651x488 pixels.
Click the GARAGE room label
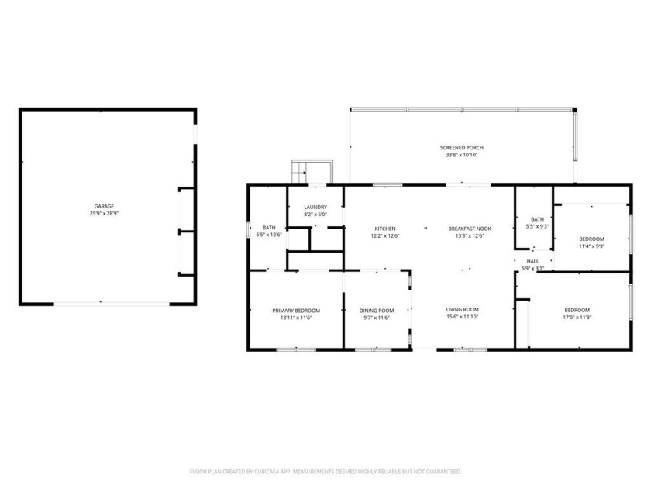(104, 206)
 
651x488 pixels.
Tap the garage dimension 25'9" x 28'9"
(104, 214)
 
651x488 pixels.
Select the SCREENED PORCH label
(462, 147)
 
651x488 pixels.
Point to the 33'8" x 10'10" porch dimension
(462, 155)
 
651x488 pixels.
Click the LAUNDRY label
(315, 207)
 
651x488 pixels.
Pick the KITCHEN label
(385, 229)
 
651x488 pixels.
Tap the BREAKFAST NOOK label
(466, 229)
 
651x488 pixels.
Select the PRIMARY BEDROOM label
(296, 310)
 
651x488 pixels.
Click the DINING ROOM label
(377, 310)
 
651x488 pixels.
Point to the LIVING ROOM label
(462, 309)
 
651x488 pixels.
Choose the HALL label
(533, 262)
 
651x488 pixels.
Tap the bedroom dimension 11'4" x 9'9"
(591, 246)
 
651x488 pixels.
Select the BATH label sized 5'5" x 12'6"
(269, 227)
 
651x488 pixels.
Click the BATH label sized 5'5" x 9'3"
(537, 219)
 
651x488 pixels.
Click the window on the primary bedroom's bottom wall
(296, 350)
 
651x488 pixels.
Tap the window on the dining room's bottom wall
(373, 350)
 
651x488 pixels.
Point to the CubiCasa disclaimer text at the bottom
(325, 471)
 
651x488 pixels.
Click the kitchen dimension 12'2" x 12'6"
(385, 236)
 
